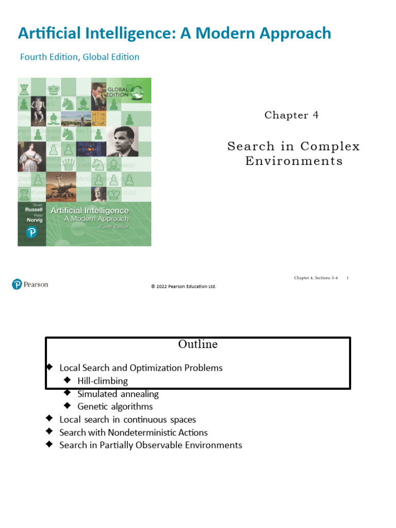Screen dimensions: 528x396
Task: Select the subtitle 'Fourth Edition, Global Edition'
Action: (x=79, y=57)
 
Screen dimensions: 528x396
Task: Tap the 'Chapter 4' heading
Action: (x=291, y=115)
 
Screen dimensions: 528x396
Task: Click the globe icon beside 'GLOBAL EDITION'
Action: (x=137, y=92)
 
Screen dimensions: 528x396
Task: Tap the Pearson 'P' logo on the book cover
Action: (x=32, y=233)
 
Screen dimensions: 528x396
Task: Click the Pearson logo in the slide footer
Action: (x=30, y=284)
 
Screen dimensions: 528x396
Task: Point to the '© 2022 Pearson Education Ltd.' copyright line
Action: (x=183, y=287)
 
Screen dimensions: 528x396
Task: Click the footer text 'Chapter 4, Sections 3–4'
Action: (x=316, y=278)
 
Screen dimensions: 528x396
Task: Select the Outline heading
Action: (x=197, y=344)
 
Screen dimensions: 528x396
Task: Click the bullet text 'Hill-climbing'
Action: (x=102, y=381)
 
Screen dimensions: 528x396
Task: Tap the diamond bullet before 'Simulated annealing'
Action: (x=67, y=393)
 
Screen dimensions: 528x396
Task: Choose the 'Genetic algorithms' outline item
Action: (x=115, y=407)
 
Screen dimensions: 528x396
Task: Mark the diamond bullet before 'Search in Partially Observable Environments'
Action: (x=49, y=444)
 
